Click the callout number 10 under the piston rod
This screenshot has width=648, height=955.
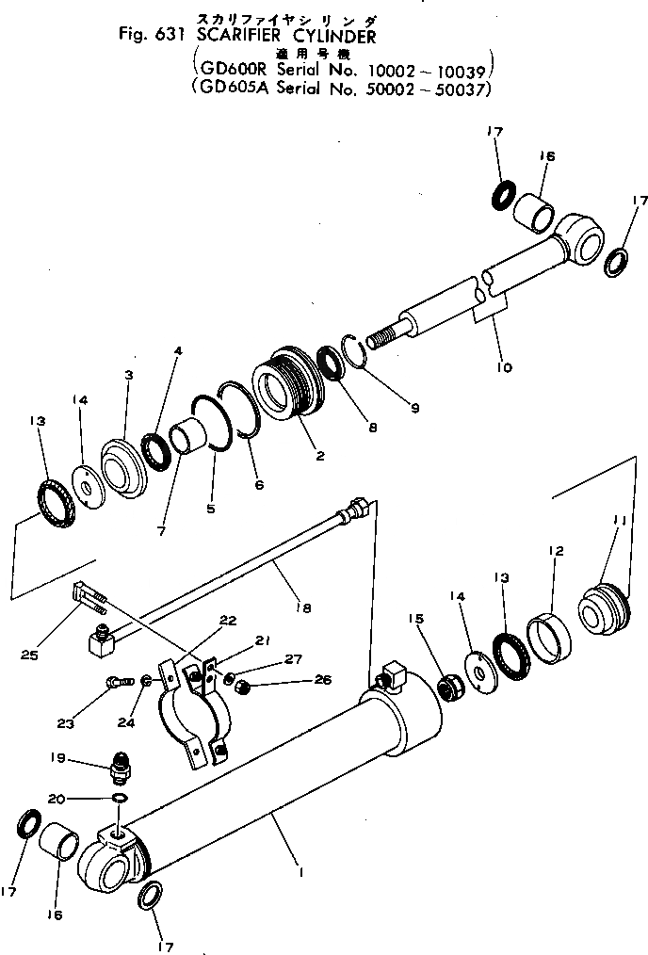pos(505,366)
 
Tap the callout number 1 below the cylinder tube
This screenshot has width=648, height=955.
pos(300,873)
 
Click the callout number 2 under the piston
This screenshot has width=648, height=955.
pos(320,456)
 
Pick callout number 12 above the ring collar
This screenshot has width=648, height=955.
pos(556,550)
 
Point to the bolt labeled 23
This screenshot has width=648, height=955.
pos(117,680)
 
